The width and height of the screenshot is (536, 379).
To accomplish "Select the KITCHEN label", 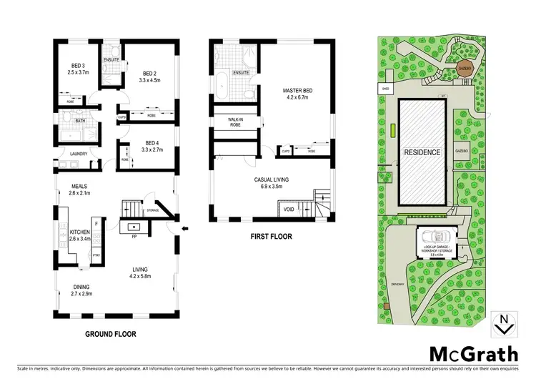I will click(79, 233).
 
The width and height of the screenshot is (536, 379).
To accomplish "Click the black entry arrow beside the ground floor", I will click(185, 229).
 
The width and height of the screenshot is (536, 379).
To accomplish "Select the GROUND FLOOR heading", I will click(111, 333).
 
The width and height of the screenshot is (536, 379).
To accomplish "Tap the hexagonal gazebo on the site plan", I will click(464, 69).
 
